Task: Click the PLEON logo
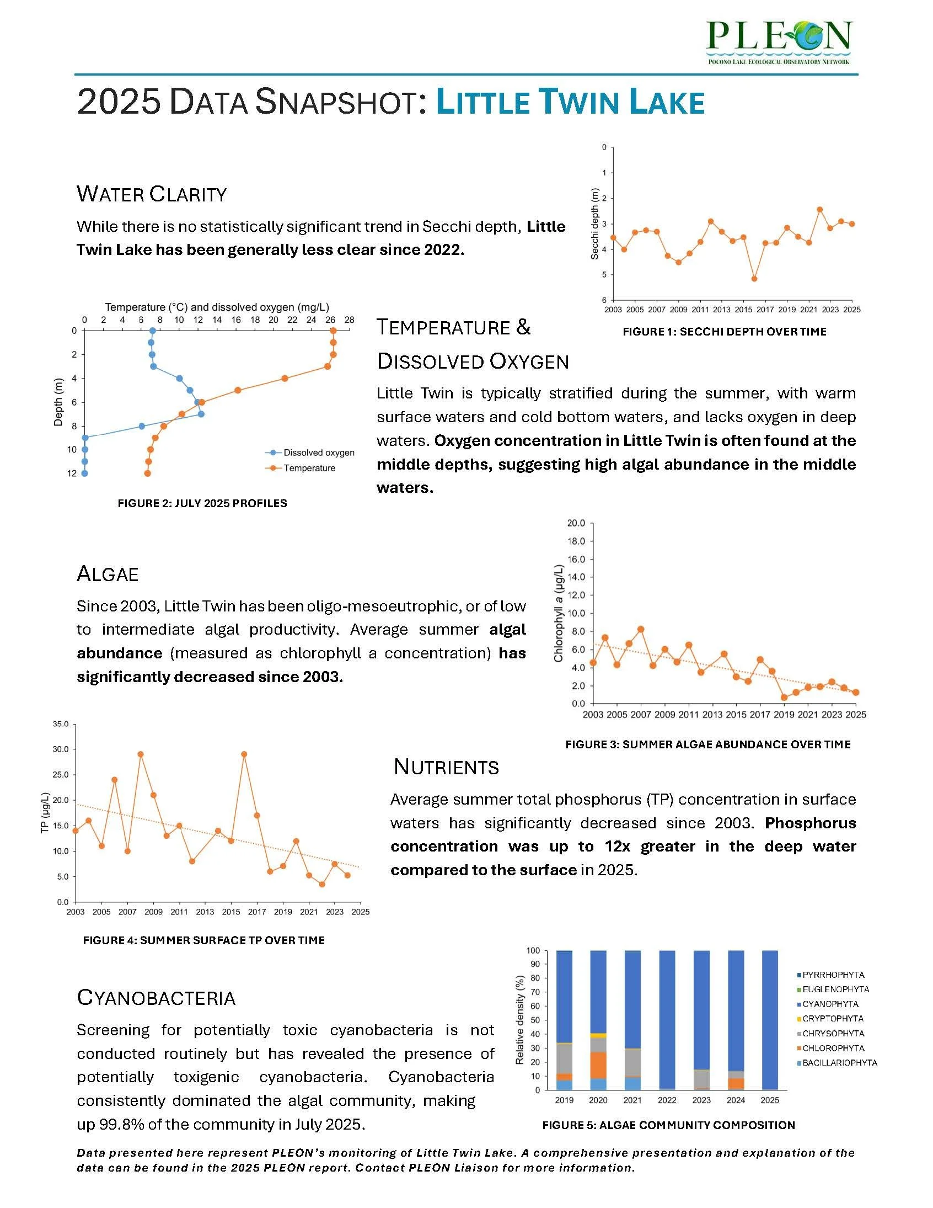[x=779, y=41]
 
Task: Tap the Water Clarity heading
[x=152, y=194]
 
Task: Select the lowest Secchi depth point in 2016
[x=754, y=279]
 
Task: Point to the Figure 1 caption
[x=724, y=332]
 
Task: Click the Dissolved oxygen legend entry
[x=318, y=453]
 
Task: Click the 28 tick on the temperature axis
[x=349, y=320]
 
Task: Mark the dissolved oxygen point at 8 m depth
[x=142, y=426]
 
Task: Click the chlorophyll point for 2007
[x=641, y=629]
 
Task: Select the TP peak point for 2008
[x=141, y=754]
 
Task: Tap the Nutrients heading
[x=446, y=767]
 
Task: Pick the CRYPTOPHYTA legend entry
[x=833, y=1018]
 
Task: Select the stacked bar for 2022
[x=667, y=1020]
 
